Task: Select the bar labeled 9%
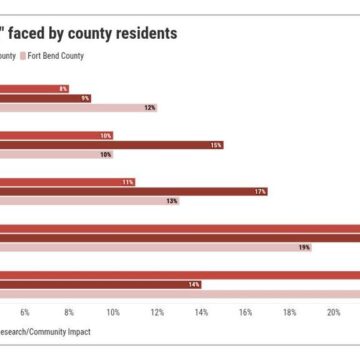tap(45, 97)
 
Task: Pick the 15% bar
tap(111, 145)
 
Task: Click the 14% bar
tap(100, 257)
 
